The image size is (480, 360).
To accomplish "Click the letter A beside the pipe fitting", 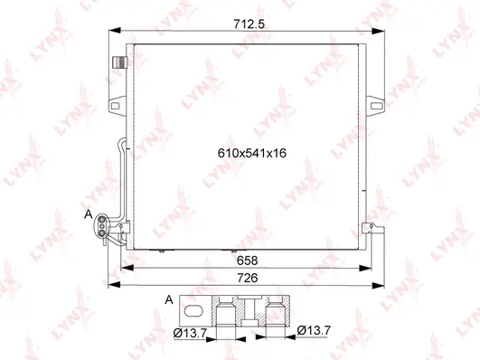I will pos(89,214).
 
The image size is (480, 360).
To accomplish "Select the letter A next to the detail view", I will pos(169,299).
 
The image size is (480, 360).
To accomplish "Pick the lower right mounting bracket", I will pos(368,229).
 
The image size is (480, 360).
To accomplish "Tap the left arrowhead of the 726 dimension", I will pos(110,286).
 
